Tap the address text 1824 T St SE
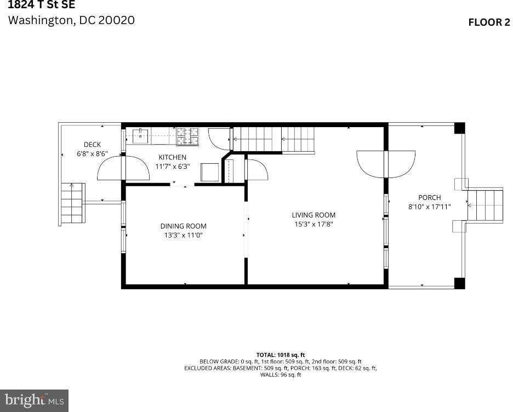(42, 5)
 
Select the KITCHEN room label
(173, 157)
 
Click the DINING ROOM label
(183, 226)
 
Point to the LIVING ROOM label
(313, 215)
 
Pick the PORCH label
(429, 197)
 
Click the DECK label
(92, 145)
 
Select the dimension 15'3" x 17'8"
(313, 224)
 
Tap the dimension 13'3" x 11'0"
(183, 235)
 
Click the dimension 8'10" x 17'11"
(429, 207)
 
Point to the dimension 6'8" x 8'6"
(92, 154)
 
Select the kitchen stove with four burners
(187, 136)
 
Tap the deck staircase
(72, 203)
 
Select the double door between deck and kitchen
(123, 168)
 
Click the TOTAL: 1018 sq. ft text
(280, 355)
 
